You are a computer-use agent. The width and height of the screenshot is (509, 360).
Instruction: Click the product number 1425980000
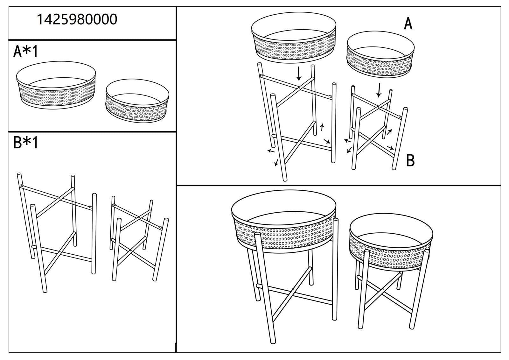[x=77, y=19]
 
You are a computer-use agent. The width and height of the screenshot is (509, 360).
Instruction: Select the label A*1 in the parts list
[x=25, y=52]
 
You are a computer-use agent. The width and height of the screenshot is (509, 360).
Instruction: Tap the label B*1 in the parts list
[x=25, y=143]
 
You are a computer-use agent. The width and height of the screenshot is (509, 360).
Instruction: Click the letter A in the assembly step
[x=408, y=24]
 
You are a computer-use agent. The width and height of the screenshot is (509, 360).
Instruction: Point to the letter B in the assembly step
[x=410, y=161]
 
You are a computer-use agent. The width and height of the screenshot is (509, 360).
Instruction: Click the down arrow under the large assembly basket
[x=298, y=74]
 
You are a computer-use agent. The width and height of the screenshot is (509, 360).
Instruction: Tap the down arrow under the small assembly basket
[x=379, y=90]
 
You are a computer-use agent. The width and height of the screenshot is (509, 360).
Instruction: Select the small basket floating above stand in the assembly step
[x=380, y=56]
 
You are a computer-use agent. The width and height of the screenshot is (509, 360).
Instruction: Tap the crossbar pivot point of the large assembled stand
[x=292, y=289]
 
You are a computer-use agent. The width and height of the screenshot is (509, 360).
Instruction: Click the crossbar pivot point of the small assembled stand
[x=383, y=289]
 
